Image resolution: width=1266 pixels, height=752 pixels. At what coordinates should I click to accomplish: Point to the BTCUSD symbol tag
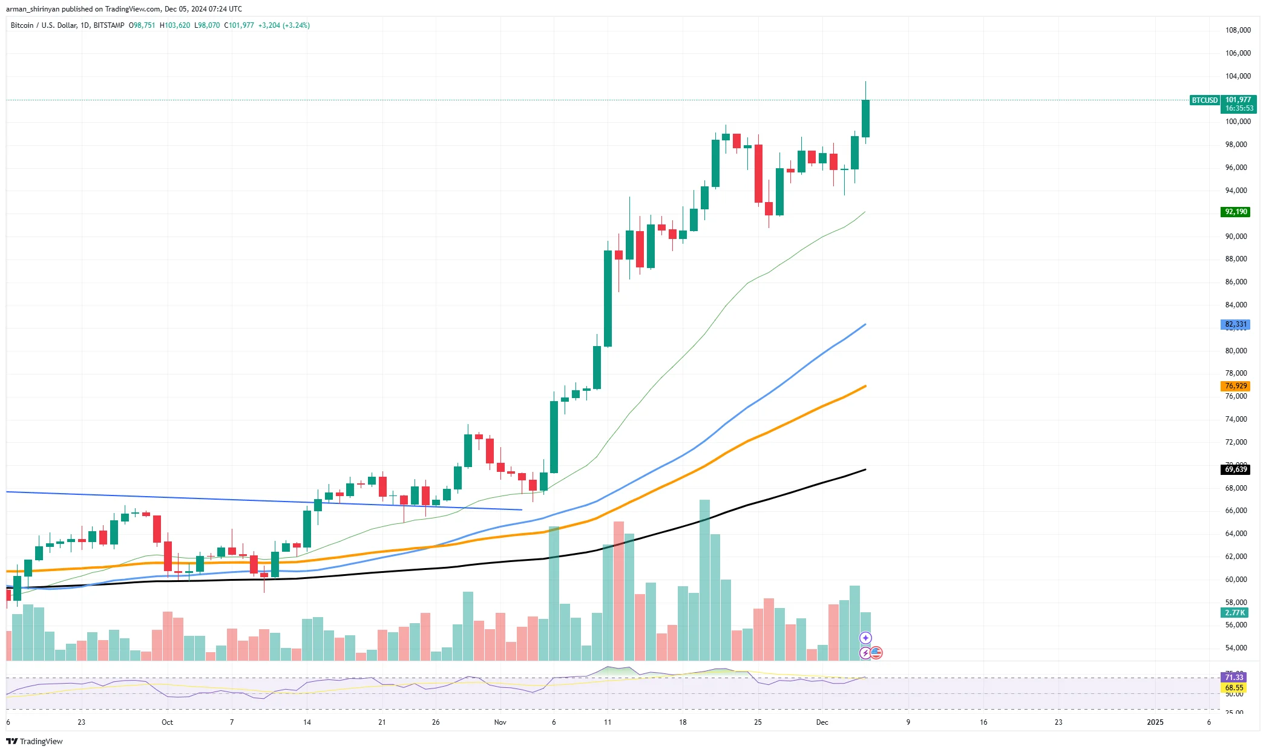[1204, 100]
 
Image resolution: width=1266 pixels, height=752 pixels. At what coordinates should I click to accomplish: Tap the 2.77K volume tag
[1235, 613]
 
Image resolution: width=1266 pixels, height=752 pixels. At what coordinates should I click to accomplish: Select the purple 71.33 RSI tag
[1234, 677]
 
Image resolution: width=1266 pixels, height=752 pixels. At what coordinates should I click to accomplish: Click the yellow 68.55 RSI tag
[1234, 688]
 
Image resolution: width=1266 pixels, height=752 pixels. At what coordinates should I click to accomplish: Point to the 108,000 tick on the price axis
[1238, 30]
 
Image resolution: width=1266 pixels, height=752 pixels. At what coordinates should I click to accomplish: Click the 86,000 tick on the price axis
[1236, 282]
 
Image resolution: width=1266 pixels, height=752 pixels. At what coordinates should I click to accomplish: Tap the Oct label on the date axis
[167, 722]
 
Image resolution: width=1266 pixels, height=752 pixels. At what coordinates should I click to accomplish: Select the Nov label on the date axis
[500, 722]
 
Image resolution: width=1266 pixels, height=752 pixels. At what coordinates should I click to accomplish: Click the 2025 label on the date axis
[1155, 722]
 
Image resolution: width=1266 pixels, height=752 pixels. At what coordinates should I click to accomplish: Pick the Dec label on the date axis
[822, 722]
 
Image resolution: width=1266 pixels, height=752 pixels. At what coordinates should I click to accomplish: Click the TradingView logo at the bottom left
[34, 741]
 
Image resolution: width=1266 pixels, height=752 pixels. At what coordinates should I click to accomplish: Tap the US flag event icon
[876, 653]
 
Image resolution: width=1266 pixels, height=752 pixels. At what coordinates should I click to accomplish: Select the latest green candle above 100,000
[865, 119]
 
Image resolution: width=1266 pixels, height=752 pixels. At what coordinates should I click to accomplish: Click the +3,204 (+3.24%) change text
[284, 25]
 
